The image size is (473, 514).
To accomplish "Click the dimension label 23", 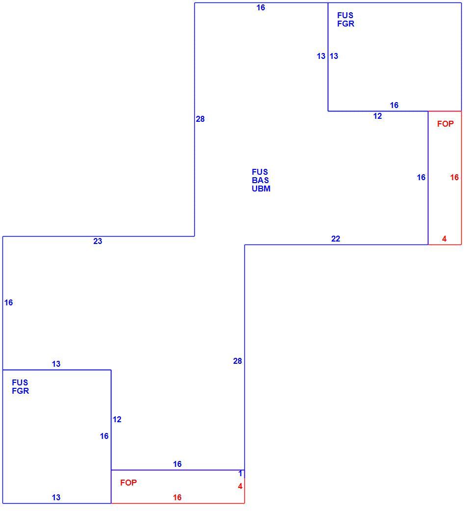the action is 98,241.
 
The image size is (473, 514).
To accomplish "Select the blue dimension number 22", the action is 336,239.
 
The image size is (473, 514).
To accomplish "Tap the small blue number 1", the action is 240,473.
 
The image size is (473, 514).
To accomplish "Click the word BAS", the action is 261,180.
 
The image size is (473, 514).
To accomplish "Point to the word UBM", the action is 261,189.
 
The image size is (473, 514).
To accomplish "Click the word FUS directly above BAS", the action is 260,172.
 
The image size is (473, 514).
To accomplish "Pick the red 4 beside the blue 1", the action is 240,486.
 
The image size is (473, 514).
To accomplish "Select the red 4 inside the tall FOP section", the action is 444,239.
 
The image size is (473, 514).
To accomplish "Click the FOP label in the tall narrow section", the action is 446,124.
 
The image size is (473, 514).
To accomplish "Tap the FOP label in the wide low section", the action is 129,483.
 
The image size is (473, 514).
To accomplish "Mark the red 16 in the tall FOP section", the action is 454,177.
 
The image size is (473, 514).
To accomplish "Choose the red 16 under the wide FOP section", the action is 177,497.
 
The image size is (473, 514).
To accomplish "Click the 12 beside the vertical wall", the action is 117,419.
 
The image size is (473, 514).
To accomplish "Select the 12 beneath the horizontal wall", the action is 377,116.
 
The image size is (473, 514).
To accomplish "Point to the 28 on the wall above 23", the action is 200,119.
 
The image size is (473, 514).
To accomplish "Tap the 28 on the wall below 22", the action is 237,361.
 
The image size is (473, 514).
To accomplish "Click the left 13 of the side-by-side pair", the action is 321,56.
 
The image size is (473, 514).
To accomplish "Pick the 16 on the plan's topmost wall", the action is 261,7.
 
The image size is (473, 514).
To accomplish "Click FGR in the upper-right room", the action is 345,24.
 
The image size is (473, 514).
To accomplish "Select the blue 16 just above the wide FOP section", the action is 177,464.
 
